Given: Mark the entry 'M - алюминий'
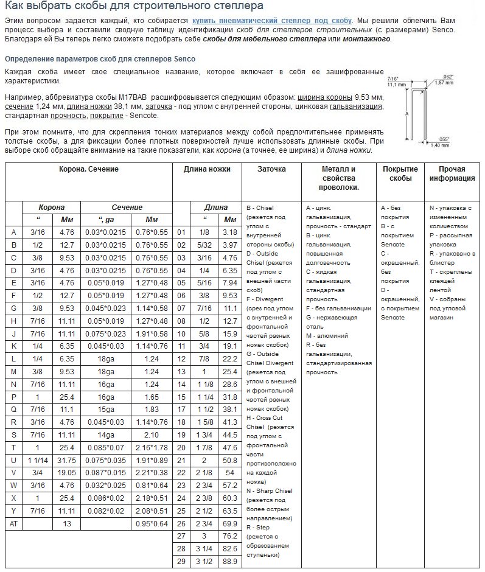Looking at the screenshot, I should pyautogui.click(x=327, y=335).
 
